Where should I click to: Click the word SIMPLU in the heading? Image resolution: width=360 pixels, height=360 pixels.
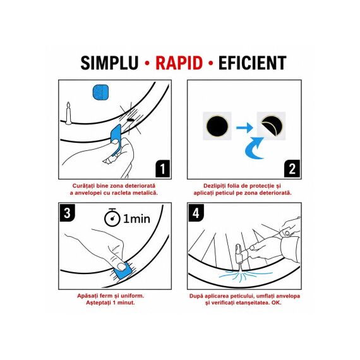[109, 63]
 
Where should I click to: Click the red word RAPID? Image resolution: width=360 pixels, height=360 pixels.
[179, 63]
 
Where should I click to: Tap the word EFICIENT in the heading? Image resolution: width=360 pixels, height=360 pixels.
[253, 63]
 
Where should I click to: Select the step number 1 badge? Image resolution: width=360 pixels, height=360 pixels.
[163, 169]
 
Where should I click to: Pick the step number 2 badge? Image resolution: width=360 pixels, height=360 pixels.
[292, 169]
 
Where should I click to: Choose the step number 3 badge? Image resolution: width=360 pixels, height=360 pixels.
[68, 213]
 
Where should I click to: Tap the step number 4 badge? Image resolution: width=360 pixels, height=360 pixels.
[196, 213]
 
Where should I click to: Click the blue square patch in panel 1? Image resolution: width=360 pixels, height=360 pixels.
[100, 92]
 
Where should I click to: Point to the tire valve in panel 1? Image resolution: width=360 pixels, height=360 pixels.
[68, 114]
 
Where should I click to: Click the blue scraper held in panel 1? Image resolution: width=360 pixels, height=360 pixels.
[116, 140]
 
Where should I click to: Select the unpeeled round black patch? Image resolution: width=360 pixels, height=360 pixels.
[217, 126]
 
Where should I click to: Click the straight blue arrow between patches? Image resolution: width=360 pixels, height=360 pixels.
[244, 127]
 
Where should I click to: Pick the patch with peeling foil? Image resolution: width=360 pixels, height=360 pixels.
[272, 126]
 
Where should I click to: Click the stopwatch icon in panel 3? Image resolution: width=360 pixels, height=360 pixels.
[112, 217]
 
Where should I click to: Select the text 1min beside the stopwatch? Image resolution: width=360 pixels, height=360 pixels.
[137, 219]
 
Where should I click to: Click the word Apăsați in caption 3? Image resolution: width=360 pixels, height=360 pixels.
[87, 296]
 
